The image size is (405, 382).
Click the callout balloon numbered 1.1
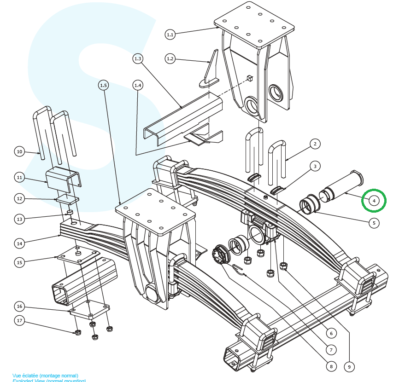pyautogui.click(x=170, y=34)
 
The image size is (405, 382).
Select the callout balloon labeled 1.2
pyautogui.click(x=170, y=58)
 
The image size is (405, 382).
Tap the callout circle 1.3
pyautogui.click(x=138, y=58)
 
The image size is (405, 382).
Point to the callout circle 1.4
pyautogui.click(x=138, y=85)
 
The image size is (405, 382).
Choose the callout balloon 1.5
pyautogui.click(x=104, y=85)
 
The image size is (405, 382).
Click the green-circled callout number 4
pyautogui.click(x=374, y=201)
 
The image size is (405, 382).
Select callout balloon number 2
pyautogui.click(x=315, y=144)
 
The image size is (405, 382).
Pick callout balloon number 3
pyautogui.click(x=315, y=166)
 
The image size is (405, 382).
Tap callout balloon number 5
pyautogui.click(x=374, y=223)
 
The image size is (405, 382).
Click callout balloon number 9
pyautogui.click(x=350, y=367)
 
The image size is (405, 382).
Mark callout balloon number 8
pyautogui.click(x=330, y=367)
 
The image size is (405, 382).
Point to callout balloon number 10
pyautogui.click(x=19, y=151)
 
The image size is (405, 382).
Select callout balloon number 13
pyautogui.click(x=19, y=219)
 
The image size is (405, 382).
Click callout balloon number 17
pyautogui.click(x=19, y=320)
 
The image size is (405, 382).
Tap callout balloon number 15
pyautogui.click(x=19, y=262)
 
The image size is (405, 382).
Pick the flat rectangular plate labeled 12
pyautogui.click(x=68, y=200)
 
